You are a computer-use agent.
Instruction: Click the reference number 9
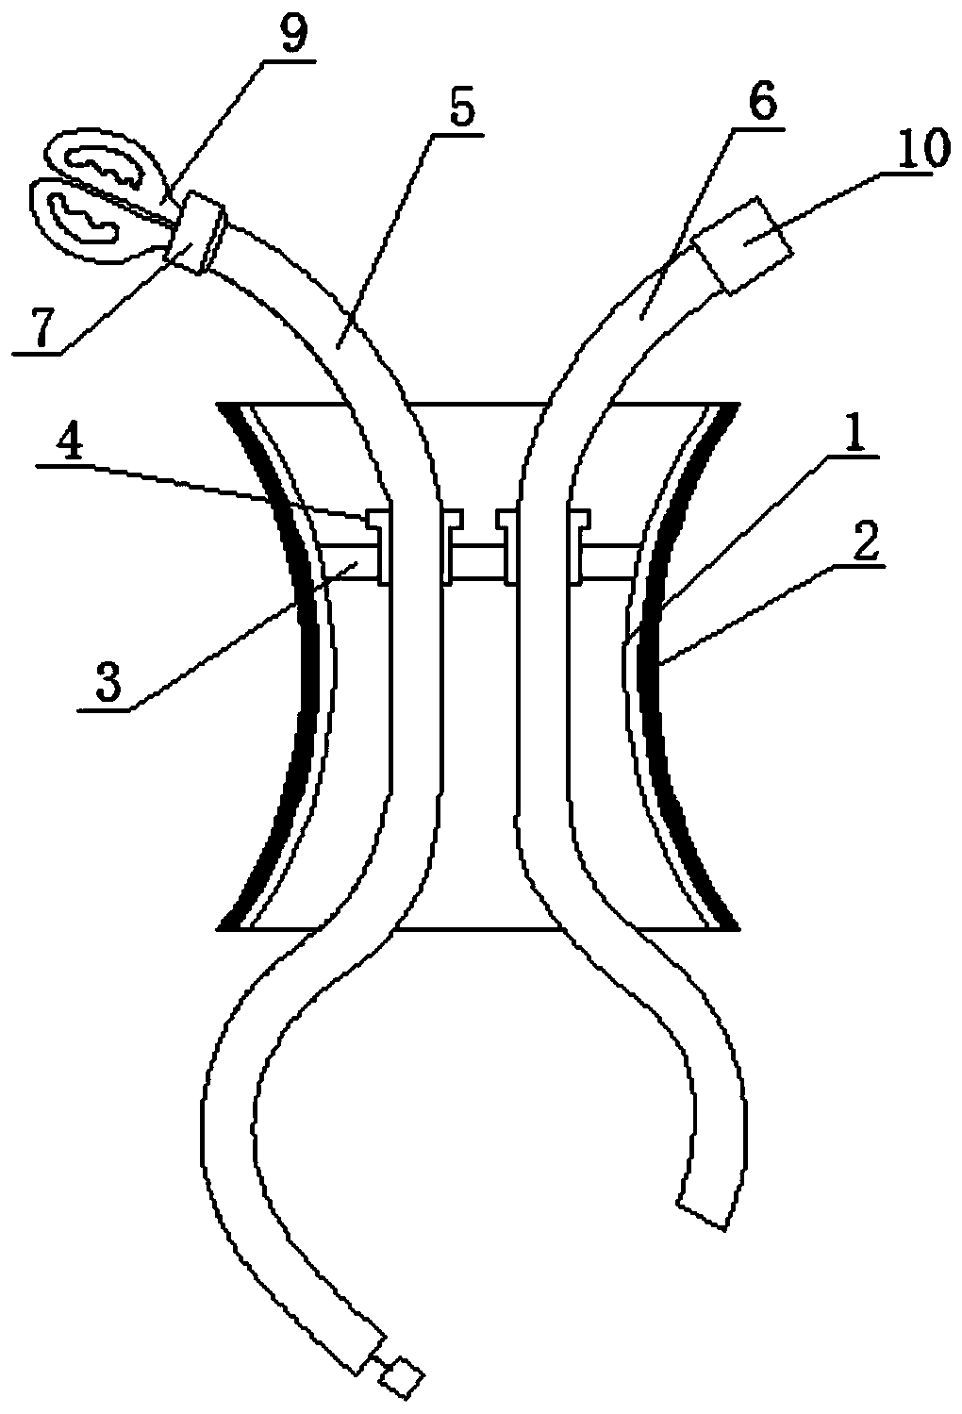[x=290, y=36]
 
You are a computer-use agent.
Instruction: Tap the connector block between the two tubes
[x=478, y=559]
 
